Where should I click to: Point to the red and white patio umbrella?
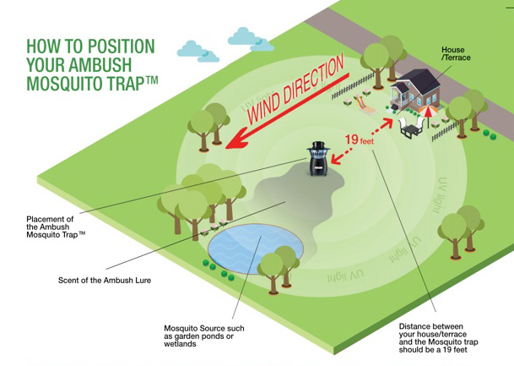(x=428, y=110)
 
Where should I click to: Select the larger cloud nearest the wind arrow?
(x=253, y=37)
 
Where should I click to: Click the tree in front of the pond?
(x=274, y=269)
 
